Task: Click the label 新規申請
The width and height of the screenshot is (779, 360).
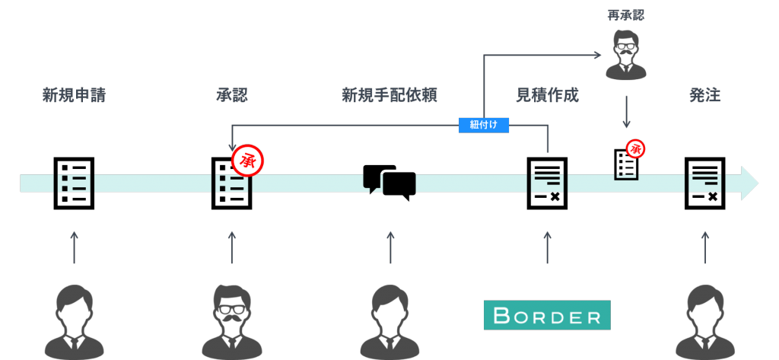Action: point(74,96)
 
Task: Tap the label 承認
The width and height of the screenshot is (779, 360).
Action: point(232,96)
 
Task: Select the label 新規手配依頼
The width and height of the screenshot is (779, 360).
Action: point(389,96)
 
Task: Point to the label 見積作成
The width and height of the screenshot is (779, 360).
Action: point(548,96)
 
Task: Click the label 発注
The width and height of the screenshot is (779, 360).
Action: point(705,96)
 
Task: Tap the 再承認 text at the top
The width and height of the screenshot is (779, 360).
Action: point(626,15)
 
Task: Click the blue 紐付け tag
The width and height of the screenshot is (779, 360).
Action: point(483,125)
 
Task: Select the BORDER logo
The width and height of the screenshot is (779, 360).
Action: point(547,315)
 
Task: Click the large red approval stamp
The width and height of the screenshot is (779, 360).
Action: point(247,160)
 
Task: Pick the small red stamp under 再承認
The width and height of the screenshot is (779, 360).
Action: point(635,149)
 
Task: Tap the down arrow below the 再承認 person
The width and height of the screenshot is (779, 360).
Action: point(626,112)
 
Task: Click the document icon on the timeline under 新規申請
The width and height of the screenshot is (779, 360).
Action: point(74,183)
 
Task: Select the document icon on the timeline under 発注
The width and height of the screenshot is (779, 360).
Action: point(705,183)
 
